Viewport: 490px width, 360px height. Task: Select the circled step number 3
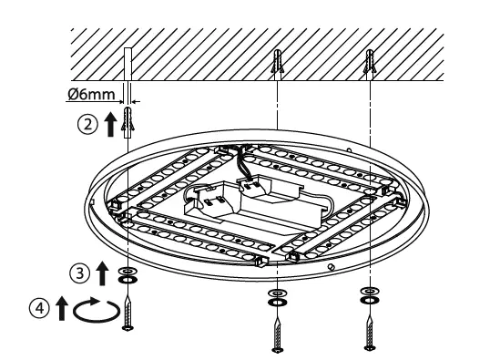click(82, 272)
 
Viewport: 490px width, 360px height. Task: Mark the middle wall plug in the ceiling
click(276, 63)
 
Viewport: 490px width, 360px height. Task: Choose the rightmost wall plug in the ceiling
click(369, 63)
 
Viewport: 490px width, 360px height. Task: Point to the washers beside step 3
click(128, 276)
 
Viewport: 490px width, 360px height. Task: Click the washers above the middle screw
click(276, 297)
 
